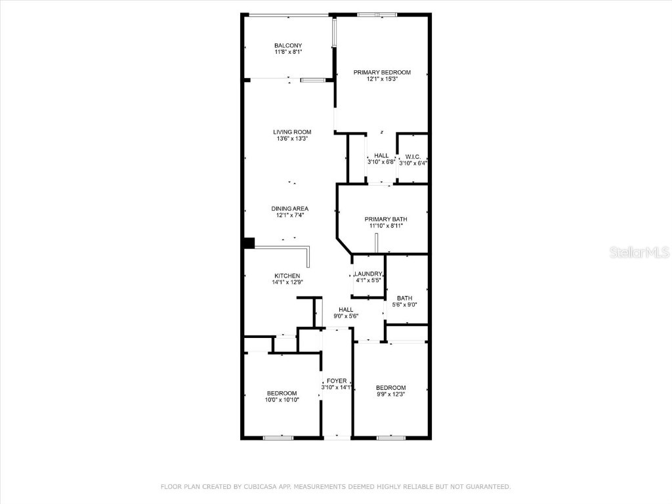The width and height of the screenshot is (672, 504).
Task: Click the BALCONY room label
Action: click(x=287, y=45)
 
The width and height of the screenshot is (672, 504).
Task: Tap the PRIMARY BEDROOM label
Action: click(x=382, y=72)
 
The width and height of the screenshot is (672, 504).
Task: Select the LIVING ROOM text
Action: click(x=292, y=132)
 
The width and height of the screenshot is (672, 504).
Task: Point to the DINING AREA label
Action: click(x=290, y=209)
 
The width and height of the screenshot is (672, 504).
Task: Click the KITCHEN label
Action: click(x=287, y=276)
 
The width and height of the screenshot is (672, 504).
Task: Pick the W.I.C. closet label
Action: click(x=413, y=156)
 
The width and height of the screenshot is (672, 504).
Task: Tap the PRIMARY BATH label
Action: click(x=386, y=219)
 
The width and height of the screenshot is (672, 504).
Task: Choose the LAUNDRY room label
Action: click(x=368, y=274)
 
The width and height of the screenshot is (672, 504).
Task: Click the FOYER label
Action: click(x=337, y=381)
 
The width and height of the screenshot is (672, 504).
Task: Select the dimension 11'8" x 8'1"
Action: click(x=287, y=51)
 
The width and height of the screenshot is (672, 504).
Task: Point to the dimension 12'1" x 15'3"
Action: click(x=382, y=79)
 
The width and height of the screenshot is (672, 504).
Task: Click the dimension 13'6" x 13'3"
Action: click(x=292, y=138)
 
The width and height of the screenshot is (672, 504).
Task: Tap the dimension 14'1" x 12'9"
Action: click(x=287, y=282)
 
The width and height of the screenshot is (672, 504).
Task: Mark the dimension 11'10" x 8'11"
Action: click(x=386, y=225)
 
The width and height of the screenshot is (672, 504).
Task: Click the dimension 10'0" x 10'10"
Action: click(x=282, y=399)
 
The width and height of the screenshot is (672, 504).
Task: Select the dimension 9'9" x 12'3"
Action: click(x=390, y=394)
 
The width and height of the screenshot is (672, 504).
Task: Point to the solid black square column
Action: click(x=249, y=243)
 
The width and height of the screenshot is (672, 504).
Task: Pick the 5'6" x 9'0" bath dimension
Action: click(x=404, y=304)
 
